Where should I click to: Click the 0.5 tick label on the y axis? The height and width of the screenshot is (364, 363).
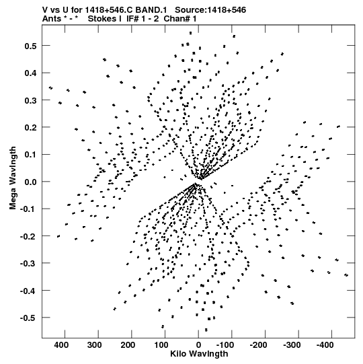[30, 46]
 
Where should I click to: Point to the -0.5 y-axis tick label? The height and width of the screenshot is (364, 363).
[28, 318]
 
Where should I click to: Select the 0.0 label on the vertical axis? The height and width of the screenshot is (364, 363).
[30, 182]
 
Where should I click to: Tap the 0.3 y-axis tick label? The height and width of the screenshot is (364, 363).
[30, 100]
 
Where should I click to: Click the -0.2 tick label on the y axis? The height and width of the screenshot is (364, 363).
[28, 236]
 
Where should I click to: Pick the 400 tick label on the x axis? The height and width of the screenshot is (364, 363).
[61, 345]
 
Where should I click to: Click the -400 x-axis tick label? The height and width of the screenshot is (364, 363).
[325, 345]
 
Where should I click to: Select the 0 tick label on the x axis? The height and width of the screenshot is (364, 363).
[198, 345]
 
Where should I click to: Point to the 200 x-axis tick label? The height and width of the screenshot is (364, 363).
[128, 345]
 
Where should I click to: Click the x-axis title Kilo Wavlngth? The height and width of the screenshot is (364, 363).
[199, 354]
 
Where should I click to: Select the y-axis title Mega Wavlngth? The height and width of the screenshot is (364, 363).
[13, 178]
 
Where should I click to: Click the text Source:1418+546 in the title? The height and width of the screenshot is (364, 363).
[210, 10]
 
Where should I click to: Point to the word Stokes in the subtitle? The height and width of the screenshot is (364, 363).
[104, 19]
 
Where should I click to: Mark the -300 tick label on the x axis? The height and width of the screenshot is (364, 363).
[292, 345]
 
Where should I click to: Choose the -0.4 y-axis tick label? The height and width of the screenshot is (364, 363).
[28, 291]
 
